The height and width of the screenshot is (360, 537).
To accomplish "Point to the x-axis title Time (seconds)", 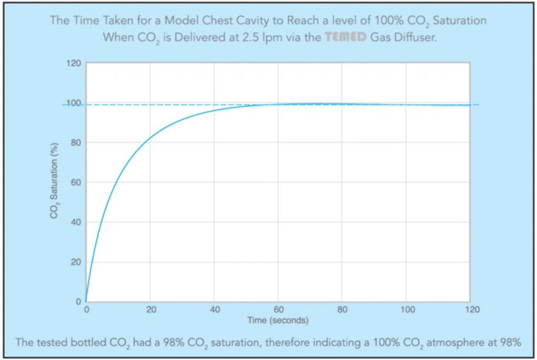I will point(278,320).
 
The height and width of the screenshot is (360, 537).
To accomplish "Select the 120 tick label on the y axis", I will point(74,63).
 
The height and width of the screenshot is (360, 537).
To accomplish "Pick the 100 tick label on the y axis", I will point(74,103).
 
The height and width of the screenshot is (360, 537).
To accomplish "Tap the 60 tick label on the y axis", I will point(76,183).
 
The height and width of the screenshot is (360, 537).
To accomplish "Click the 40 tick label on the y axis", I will point(76,223).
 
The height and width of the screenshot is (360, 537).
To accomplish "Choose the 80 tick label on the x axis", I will point(342,310).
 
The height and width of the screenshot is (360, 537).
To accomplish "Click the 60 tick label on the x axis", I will point(278,310).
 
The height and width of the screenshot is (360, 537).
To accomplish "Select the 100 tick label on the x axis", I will point(408,310).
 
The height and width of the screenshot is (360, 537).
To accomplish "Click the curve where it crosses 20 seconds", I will point(150,137).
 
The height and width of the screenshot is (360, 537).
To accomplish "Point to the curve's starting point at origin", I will point(86,301).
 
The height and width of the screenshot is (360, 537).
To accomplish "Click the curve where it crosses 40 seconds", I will point(214,111).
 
